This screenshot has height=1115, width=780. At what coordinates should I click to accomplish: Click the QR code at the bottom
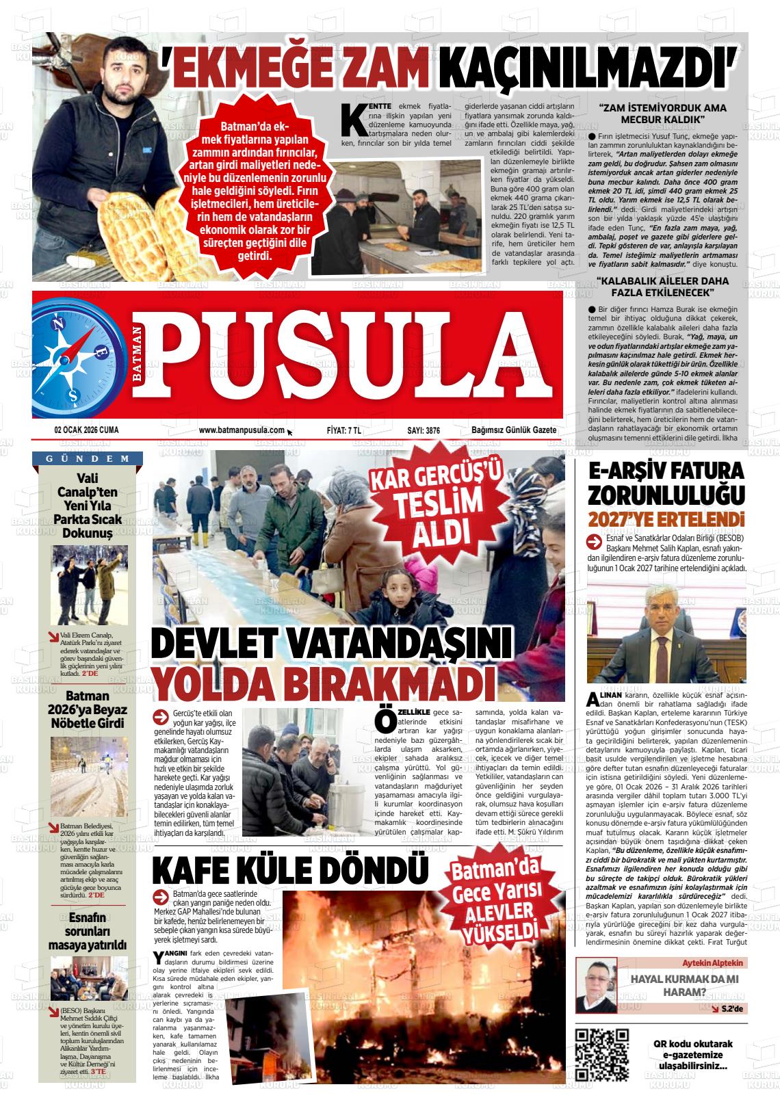click(602, 1054)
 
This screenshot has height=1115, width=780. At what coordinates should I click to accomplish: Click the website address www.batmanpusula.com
click(242, 430)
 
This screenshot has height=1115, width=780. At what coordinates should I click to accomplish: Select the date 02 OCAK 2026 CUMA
click(86, 430)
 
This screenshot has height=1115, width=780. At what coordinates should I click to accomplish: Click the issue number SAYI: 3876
click(424, 430)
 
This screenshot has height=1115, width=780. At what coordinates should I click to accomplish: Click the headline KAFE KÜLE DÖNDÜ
click(289, 869)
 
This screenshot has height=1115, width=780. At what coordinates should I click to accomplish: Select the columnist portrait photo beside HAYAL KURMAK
click(596, 984)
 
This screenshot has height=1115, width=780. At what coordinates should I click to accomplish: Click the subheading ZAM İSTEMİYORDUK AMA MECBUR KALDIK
click(662, 113)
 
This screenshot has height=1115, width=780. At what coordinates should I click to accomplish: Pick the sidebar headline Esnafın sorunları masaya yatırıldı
click(87, 930)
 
